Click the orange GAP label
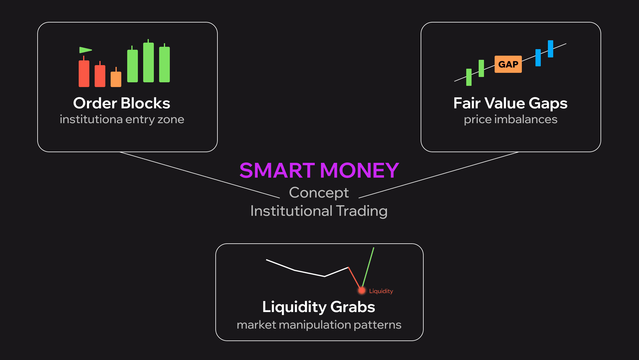point(508,64)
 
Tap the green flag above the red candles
point(85,50)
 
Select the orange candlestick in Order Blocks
point(116,78)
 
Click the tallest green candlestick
point(149,61)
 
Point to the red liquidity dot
point(362,291)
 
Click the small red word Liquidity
point(381,291)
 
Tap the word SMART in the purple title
point(277,171)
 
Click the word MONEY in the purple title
point(359,171)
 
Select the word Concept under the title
point(319,193)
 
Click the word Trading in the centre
point(362,211)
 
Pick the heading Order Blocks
point(122,103)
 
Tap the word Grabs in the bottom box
point(353,307)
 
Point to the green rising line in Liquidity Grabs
point(368,267)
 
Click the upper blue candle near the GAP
point(551,49)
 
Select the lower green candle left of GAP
point(469,77)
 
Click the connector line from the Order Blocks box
point(200,175)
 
